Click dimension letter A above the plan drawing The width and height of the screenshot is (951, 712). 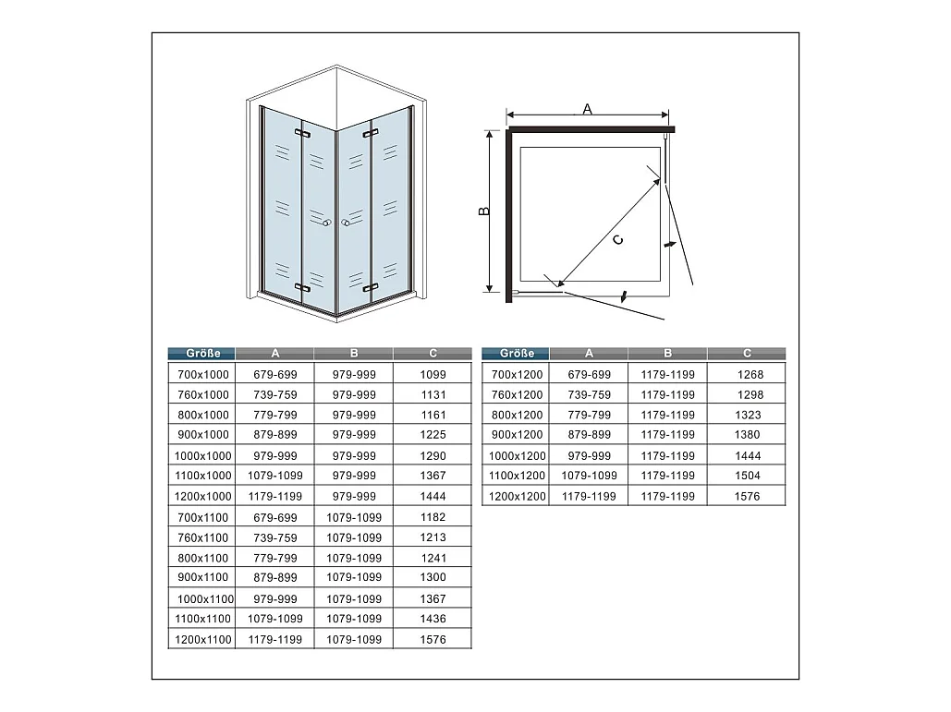pos(587,109)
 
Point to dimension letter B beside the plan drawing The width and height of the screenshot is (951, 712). pos(484,211)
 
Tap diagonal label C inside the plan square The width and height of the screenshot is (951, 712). pos(618,240)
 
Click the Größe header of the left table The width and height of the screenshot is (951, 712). pos(202,354)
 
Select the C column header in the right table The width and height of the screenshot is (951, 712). pos(747,354)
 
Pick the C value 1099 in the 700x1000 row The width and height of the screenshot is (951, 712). pos(433,375)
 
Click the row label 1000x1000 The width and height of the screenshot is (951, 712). pos(202,455)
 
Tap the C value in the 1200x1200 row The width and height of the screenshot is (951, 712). pos(747,496)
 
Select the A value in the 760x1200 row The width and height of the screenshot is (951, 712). pos(589,394)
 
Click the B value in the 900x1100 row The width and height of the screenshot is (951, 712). pos(354,577)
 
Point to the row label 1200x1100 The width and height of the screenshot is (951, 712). pos(202,639)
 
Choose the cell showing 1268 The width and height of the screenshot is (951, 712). pos(750,375)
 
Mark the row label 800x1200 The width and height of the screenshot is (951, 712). pos(517,415)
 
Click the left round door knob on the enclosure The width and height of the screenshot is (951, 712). pos(327,223)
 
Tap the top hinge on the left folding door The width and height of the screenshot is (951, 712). pos(302,133)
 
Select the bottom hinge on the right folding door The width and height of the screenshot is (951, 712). pos(370,287)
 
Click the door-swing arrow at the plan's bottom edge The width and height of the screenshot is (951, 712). pos(624,297)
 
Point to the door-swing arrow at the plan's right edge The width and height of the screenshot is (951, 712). pos(669,244)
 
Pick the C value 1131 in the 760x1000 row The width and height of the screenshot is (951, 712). pos(433,394)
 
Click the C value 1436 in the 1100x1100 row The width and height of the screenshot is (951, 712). pos(433,619)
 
